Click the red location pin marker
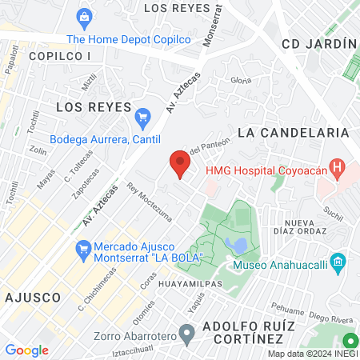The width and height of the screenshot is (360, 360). pyautogui.click(x=180, y=164)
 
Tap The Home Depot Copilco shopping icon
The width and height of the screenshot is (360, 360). pyautogui.click(x=83, y=17)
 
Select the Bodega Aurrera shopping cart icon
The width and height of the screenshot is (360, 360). pyautogui.click(x=143, y=117)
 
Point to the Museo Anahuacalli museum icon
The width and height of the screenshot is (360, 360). pyautogui.click(x=338, y=262)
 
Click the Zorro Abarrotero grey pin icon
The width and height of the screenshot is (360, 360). pyautogui.click(x=186, y=331)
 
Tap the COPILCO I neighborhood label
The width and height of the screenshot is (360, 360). pyautogui.click(x=60, y=56)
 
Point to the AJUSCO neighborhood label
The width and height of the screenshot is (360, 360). pyautogui.click(x=33, y=297)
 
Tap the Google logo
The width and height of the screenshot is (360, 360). pyautogui.click(x=26, y=350)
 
